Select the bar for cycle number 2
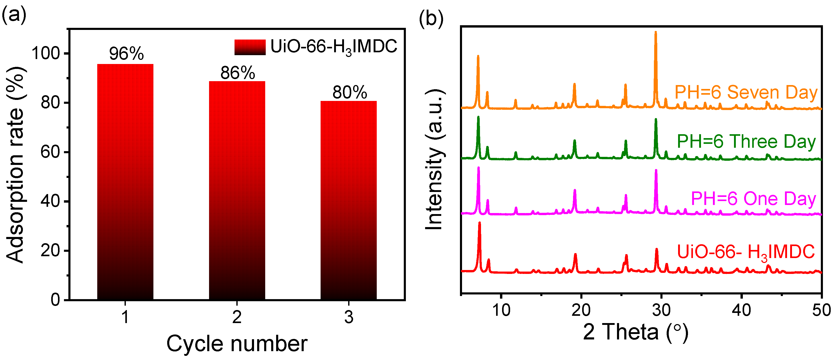tap(237, 190)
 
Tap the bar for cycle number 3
tap(348, 200)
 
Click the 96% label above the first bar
tap(126, 54)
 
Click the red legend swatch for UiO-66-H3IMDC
tap(250, 47)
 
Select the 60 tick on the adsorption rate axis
tap(50, 152)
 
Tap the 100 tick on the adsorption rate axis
tap(46, 53)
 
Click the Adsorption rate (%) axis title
tap(16, 164)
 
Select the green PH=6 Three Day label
tap(746, 141)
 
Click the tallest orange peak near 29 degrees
tap(655, 36)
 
